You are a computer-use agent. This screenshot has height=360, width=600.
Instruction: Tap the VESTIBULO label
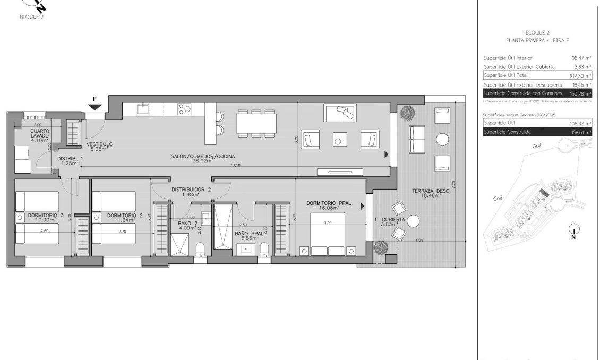(99, 145)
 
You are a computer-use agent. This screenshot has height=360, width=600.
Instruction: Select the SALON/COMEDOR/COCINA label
(203, 156)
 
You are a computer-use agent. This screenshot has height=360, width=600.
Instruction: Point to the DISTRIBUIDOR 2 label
(191, 190)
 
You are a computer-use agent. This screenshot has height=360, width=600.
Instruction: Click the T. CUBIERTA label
(390, 219)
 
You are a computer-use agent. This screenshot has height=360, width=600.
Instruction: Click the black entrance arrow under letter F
(95, 107)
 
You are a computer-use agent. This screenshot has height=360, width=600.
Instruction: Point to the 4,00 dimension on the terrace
(419, 240)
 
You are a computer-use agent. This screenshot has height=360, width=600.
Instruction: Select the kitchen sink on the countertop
(143, 109)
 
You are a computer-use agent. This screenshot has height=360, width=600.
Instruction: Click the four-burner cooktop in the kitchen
(184, 109)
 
